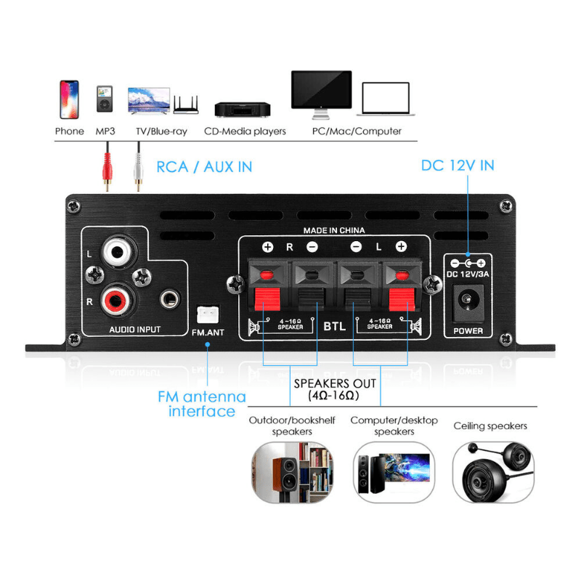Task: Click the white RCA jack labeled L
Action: (x=117, y=253)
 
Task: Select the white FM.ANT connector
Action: (x=207, y=315)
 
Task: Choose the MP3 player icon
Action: (x=105, y=99)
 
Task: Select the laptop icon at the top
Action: (x=386, y=100)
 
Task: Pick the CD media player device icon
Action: (x=243, y=109)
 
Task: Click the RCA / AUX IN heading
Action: (x=204, y=167)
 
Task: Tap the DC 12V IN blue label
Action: (x=458, y=166)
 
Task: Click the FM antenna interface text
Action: (x=202, y=405)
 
